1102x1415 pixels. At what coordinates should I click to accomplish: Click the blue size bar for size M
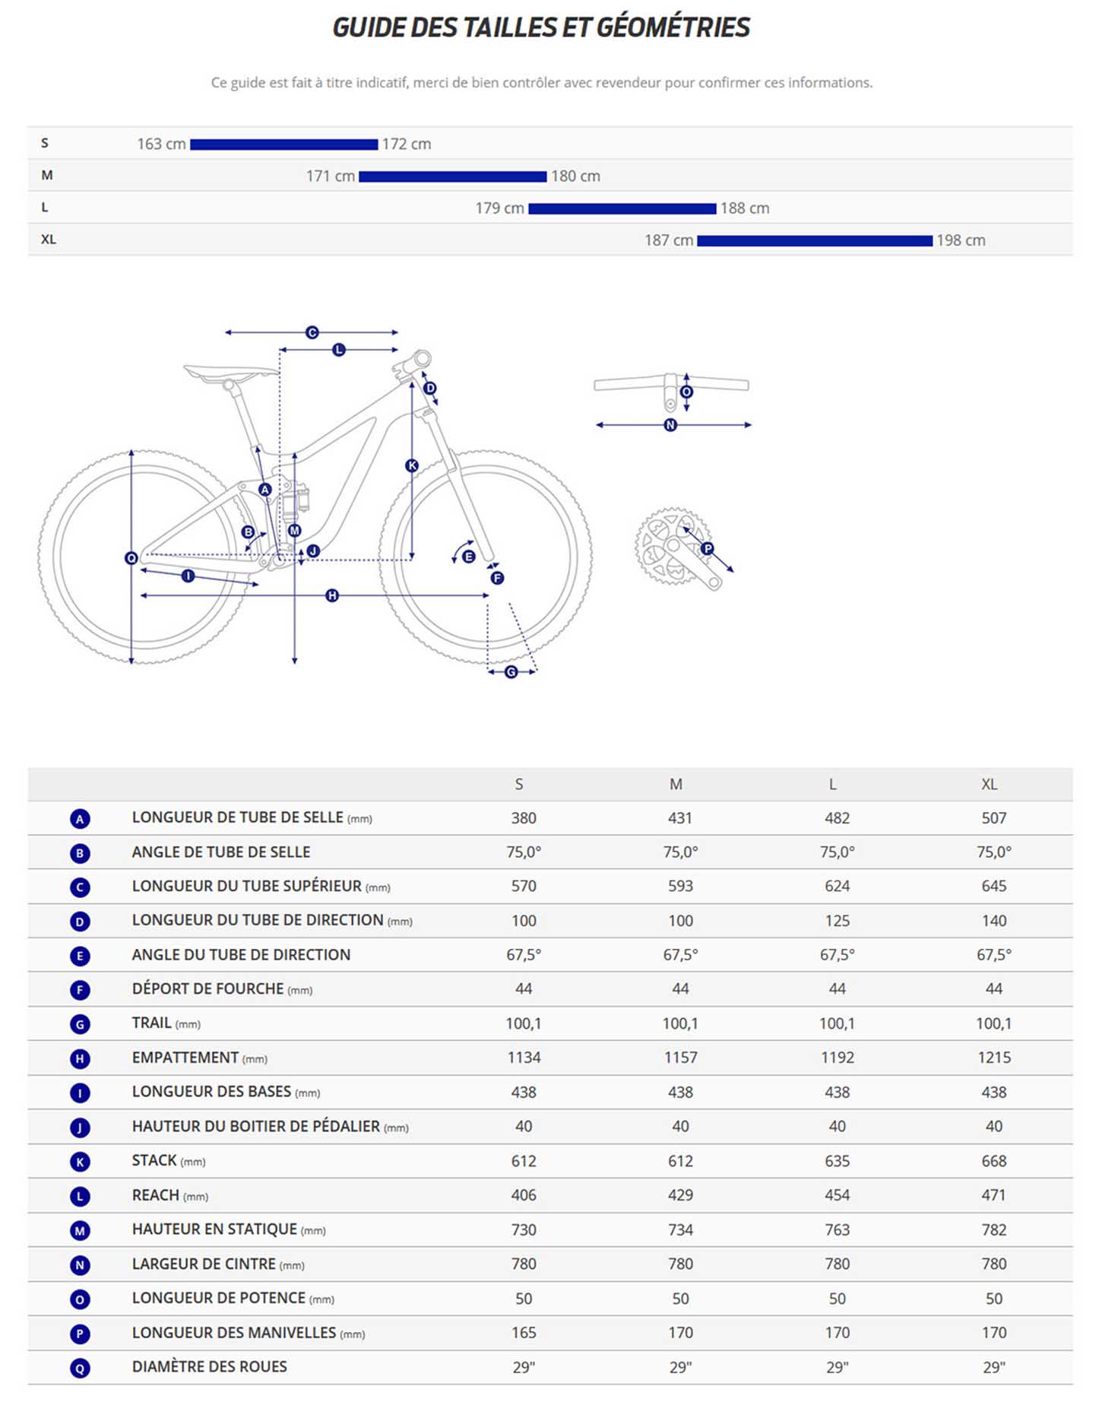click(x=452, y=176)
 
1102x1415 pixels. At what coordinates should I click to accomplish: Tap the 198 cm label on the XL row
click(x=961, y=240)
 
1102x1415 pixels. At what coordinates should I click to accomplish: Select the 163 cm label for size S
click(x=161, y=144)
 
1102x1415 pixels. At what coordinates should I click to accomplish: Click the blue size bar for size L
click(x=622, y=208)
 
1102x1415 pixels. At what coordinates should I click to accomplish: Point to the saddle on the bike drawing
click(x=230, y=373)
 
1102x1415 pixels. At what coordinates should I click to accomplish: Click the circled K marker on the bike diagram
click(x=412, y=466)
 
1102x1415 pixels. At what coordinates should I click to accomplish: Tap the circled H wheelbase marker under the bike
click(x=332, y=595)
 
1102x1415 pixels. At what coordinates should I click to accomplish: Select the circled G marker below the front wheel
click(x=511, y=672)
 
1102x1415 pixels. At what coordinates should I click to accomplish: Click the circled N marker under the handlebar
click(x=670, y=425)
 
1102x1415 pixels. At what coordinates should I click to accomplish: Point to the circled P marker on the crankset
click(x=708, y=548)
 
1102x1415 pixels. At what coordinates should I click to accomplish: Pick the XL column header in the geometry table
click(x=989, y=784)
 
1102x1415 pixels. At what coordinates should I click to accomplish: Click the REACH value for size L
click(x=837, y=1195)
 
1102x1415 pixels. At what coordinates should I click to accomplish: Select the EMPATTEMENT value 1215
click(x=993, y=1058)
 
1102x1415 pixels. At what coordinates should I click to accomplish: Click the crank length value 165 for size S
click(x=524, y=1333)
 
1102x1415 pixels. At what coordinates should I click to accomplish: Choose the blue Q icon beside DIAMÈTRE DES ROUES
click(x=80, y=1368)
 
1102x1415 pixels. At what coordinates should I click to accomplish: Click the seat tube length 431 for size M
click(x=680, y=818)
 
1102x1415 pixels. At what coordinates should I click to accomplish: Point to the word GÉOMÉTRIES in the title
click(x=673, y=27)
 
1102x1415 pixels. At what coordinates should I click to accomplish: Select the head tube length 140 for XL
click(x=993, y=921)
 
